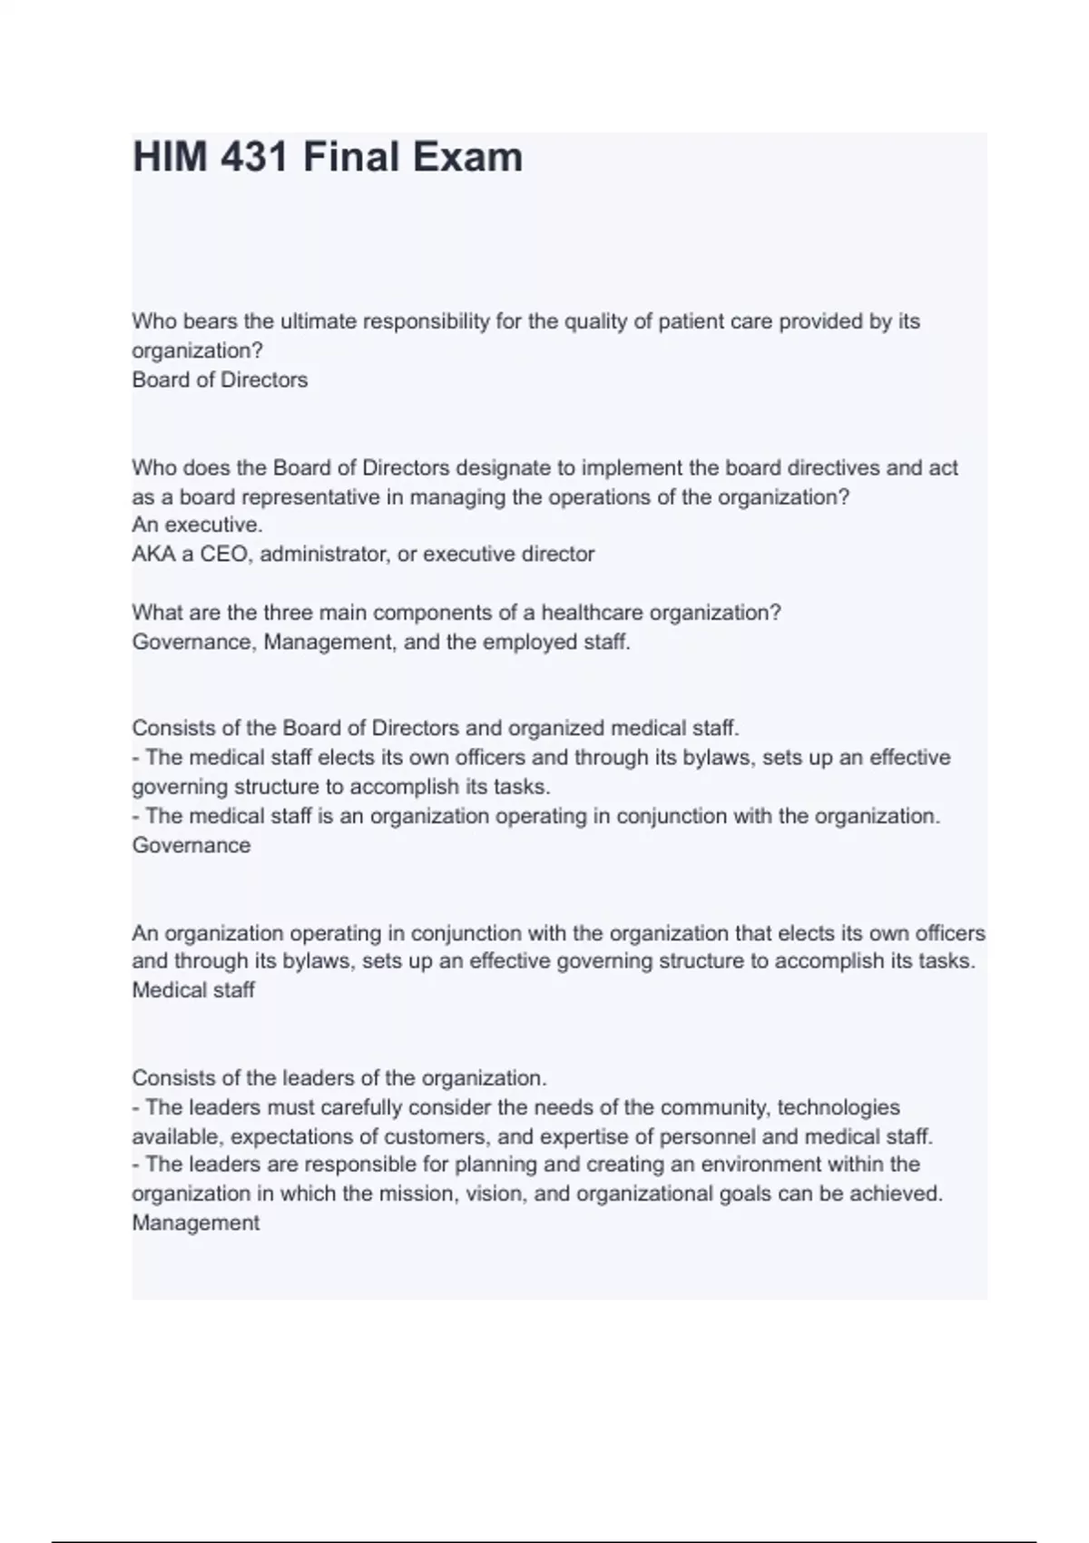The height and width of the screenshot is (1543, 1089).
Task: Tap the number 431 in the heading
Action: click(256, 157)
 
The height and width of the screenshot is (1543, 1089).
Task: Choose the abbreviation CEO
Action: click(223, 555)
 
